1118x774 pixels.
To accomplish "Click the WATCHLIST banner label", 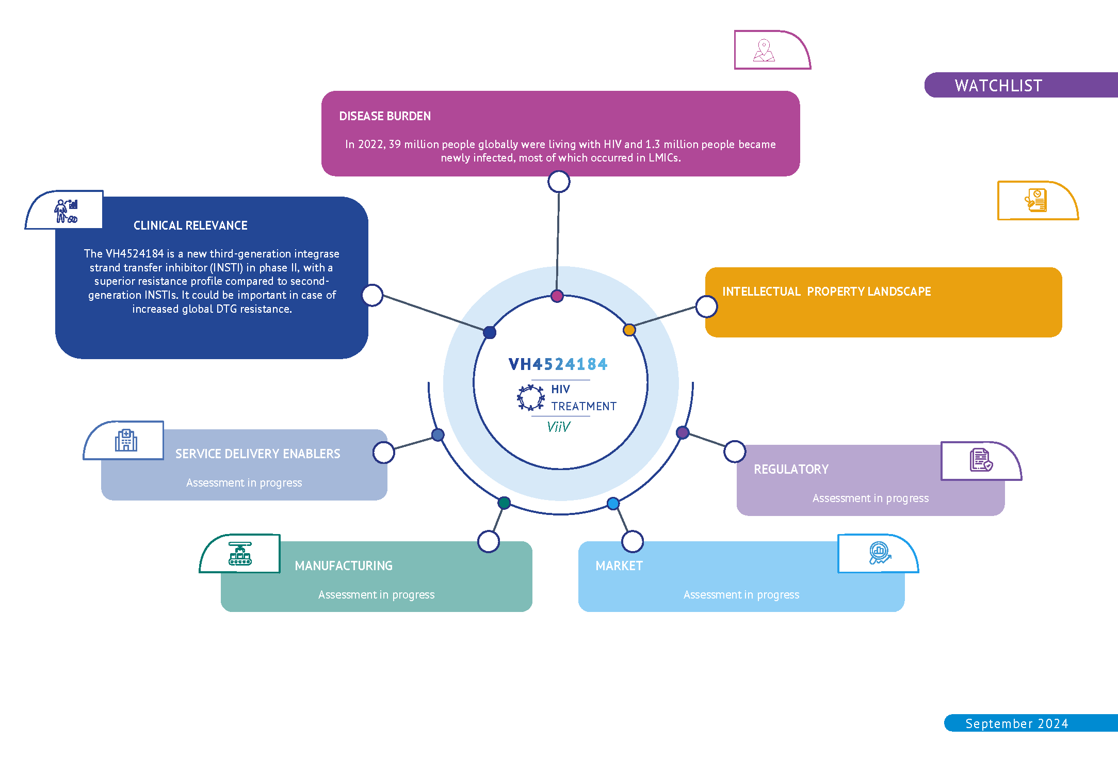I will [998, 86].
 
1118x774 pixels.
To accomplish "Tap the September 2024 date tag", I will [1016, 723].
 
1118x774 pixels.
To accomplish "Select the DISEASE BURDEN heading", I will [385, 116].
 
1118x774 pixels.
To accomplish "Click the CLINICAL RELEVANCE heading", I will [190, 225].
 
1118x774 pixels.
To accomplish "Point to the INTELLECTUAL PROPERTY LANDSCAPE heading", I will [826, 292].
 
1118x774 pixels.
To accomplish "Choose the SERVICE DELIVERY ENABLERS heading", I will [257, 454].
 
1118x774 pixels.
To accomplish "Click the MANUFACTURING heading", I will [344, 566].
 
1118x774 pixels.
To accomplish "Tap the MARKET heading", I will [619, 566].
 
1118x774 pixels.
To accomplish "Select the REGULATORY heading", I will [791, 470].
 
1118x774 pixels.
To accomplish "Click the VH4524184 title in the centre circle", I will [558, 364].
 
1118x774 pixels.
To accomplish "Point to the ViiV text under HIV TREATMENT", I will [558, 427].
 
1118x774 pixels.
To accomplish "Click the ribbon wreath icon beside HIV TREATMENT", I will [530, 398].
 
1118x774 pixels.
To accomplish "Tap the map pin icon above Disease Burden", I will [764, 51].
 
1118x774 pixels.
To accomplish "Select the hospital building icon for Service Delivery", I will [126, 440].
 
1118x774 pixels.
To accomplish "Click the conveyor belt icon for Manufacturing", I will [240, 554].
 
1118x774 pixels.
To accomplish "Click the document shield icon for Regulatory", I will [981, 460].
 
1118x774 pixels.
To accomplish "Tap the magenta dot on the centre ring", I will [557, 296].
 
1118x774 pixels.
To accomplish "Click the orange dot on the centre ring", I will [629, 330].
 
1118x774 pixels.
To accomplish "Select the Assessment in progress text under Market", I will [741, 595].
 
